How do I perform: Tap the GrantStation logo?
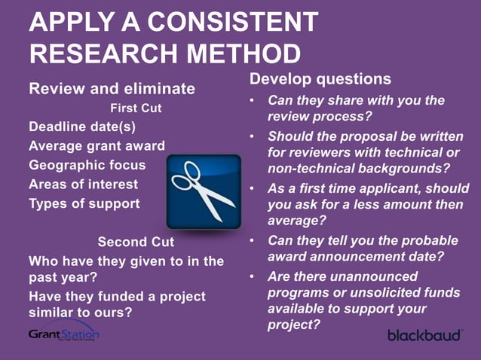click(63, 333)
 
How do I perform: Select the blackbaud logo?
click(424, 334)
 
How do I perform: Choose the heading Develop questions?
click(320, 79)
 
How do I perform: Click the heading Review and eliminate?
click(112, 89)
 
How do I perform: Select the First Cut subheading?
click(136, 108)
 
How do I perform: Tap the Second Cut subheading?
click(136, 242)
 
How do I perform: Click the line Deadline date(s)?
click(81, 125)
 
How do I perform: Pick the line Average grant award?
click(97, 145)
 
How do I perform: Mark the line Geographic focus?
click(87, 164)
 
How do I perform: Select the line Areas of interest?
click(83, 184)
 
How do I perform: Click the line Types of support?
click(84, 203)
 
